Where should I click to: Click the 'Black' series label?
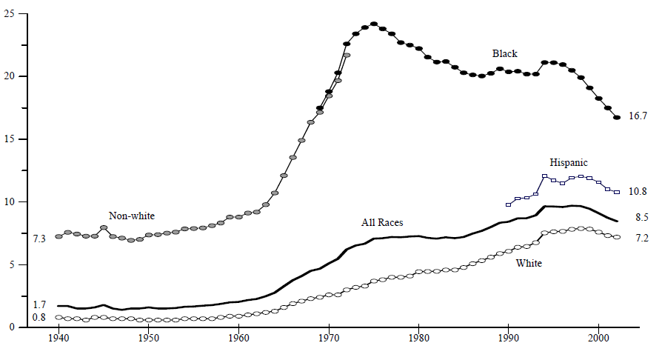[505, 53]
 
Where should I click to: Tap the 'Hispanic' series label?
[568, 162]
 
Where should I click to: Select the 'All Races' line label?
[382, 222]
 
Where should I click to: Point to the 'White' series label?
[529, 263]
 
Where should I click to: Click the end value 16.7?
[638, 116]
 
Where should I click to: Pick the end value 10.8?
[638, 191]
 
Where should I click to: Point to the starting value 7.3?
[39, 239]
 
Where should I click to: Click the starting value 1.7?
[39, 304]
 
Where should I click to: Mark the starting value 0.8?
[39, 317]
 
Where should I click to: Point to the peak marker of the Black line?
[374, 24]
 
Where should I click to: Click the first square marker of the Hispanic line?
[508, 204]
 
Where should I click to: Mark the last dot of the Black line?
[617, 118]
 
